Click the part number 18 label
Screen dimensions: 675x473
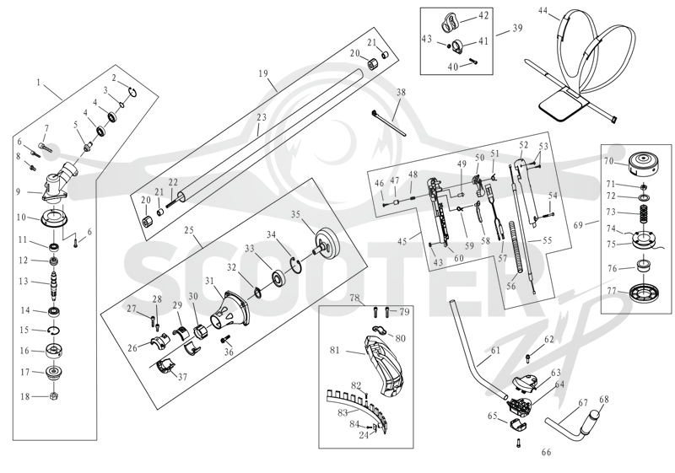25,396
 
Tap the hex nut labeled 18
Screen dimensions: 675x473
54,395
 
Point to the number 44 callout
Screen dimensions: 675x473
543,11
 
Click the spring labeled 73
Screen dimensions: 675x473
643,213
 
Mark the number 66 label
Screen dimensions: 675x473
546,452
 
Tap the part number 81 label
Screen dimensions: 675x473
334,350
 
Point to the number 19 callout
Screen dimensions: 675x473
263,73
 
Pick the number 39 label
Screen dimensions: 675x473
517,28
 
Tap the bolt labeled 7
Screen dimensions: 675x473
45,148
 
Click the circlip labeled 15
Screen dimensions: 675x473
54,331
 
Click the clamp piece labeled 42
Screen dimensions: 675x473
451,23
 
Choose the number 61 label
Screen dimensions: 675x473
495,351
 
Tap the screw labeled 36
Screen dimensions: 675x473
225,340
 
